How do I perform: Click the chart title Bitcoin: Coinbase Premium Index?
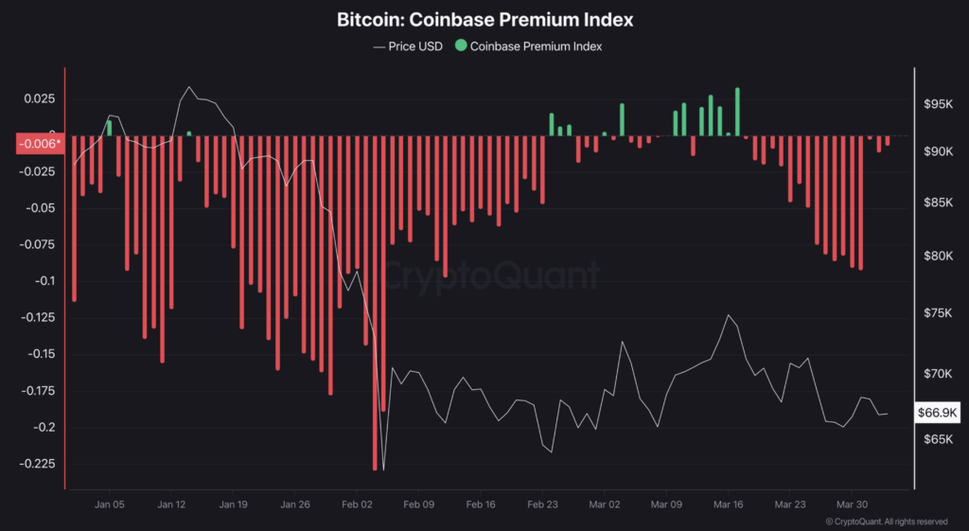pyautogui.click(x=484, y=19)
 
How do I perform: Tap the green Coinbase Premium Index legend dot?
pyautogui.click(x=461, y=45)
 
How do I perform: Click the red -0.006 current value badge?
pyautogui.click(x=39, y=144)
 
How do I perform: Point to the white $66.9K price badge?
pyautogui.click(x=938, y=413)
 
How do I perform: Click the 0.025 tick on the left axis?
pyautogui.click(x=39, y=98)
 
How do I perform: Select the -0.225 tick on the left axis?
pyautogui.click(x=36, y=464)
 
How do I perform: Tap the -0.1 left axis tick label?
pyautogui.click(x=42, y=281)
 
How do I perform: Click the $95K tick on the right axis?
pyautogui.click(x=938, y=104)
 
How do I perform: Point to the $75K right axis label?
pyautogui.click(x=938, y=314)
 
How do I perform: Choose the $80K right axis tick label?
pyautogui.click(x=938, y=256)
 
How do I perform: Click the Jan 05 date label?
pyautogui.click(x=110, y=504)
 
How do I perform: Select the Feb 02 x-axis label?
pyautogui.click(x=357, y=504)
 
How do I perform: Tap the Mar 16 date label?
pyautogui.click(x=729, y=504)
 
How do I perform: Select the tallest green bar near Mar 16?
pyautogui.click(x=737, y=112)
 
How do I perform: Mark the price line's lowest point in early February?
pyautogui.click(x=383, y=469)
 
